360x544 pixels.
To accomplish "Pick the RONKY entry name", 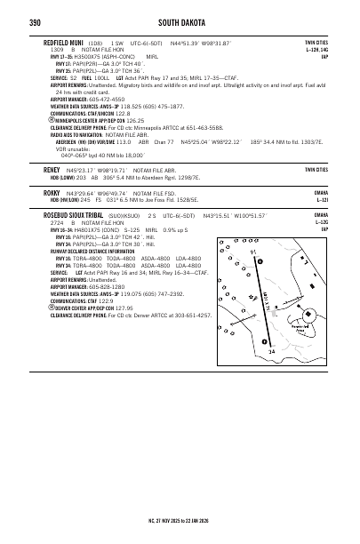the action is point(51,193).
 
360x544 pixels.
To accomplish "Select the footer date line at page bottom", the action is point(180,519).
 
